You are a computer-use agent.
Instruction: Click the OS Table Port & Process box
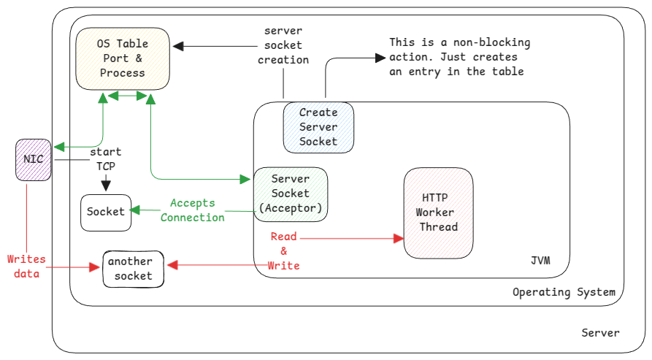123,58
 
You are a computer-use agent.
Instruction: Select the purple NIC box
34,159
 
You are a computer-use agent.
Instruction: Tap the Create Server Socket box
318,127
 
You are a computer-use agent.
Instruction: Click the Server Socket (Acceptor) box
291,194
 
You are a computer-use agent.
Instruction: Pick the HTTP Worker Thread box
438,212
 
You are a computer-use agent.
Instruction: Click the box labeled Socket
107,212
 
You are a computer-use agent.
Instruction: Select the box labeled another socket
133,269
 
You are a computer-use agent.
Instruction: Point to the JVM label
540,261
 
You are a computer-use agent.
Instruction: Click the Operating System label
564,292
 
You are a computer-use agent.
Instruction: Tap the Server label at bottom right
600,333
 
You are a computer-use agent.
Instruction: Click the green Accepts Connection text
193,210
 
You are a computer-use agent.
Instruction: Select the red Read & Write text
284,251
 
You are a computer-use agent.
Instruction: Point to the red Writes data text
26,267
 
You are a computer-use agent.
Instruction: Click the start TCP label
106,158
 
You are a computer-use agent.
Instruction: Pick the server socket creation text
283,45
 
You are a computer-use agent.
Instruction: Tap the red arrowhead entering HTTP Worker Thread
399,239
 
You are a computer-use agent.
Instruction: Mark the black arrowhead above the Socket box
107,188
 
